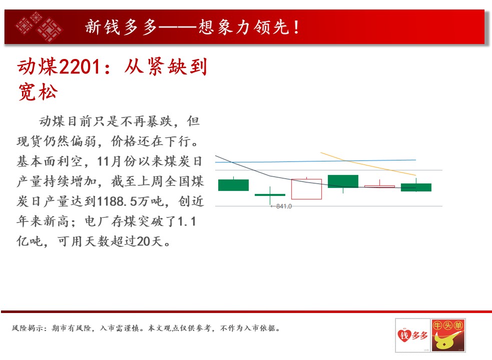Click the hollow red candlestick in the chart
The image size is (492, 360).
pyautogui.click(x=306, y=189)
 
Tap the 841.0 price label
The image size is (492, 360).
pyautogui.click(x=284, y=206)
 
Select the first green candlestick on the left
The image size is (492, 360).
pyautogui.click(x=233, y=184)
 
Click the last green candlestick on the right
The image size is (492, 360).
pyautogui.click(x=416, y=187)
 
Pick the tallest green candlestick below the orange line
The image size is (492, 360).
pyautogui.click(x=343, y=181)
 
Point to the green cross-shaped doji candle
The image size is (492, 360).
pyautogui.click(x=270, y=195)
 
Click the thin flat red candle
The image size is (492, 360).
pyautogui.click(x=380, y=186)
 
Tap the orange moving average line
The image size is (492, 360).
pyautogui.click(x=368, y=164)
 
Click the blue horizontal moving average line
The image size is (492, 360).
pyautogui.click(x=315, y=161)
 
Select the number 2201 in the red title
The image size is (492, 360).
pyautogui.click(x=80, y=67)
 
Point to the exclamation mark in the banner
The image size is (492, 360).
pyautogui.click(x=296, y=27)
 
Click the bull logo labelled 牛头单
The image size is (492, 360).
pyautogui.click(x=448, y=335)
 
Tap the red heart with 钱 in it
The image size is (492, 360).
pyautogui.click(x=404, y=335)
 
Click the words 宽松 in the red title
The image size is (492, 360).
pyautogui.click(x=38, y=92)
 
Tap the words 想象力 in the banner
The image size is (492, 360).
pyautogui.click(x=224, y=27)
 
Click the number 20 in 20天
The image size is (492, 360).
pyautogui.click(x=143, y=241)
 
